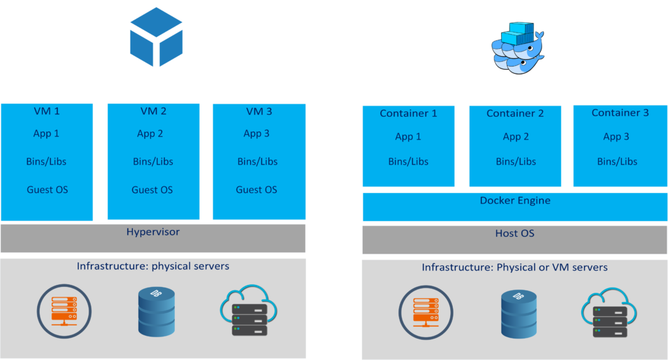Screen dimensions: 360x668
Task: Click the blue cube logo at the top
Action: coord(157,37)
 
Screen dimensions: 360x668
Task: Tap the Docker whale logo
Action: coord(516,46)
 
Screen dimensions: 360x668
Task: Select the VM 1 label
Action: coord(47,111)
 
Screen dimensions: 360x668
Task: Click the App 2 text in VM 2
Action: coord(150,134)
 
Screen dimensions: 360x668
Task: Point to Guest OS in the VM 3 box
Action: coord(256,190)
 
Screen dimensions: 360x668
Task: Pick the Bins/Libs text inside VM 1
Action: coord(47,162)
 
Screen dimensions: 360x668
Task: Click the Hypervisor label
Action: coord(153,232)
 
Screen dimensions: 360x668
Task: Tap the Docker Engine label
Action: coord(515,200)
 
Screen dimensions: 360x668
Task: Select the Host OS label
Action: coord(515,233)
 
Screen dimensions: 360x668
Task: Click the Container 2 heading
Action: coord(515,113)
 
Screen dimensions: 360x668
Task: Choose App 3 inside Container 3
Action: coord(616,136)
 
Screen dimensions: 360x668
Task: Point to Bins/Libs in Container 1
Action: coord(408,162)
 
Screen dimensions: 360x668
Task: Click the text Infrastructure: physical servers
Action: coord(153,266)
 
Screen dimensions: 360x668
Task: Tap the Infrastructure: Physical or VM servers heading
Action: coord(515,267)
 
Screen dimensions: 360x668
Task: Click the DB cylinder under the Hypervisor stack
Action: coord(157,312)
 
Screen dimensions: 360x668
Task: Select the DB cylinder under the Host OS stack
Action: coord(519,314)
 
